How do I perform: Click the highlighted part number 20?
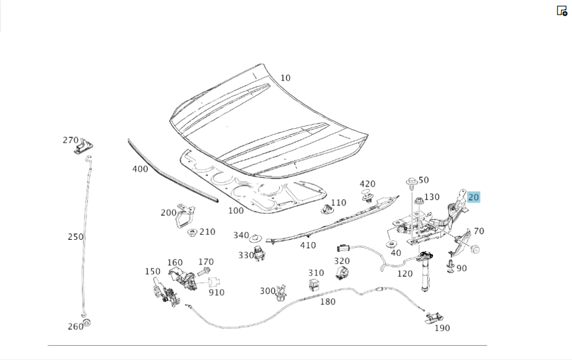click(x=473, y=197)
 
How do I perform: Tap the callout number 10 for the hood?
click(x=285, y=78)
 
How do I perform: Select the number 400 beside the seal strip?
click(x=140, y=169)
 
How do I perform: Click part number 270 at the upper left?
click(x=70, y=140)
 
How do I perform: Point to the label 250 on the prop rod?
click(x=76, y=236)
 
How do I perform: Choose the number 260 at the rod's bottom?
click(x=75, y=326)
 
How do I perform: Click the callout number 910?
click(x=216, y=292)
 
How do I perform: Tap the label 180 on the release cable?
click(x=328, y=302)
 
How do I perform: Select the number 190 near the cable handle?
click(x=442, y=328)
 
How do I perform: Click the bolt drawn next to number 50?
click(x=411, y=183)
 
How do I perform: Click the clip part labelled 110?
click(x=326, y=209)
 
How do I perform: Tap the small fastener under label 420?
click(x=368, y=198)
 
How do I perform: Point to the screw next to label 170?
click(x=204, y=272)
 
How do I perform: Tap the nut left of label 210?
click(x=192, y=233)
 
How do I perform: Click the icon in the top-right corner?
click(x=562, y=10)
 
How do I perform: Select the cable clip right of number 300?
click(x=281, y=293)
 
